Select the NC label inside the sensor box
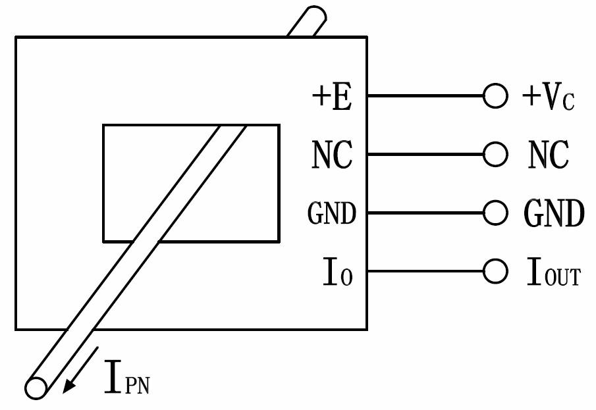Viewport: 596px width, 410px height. (332, 156)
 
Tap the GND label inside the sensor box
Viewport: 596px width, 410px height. (332, 214)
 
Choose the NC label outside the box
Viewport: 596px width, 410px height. (548, 156)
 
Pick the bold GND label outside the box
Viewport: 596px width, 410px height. (553, 213)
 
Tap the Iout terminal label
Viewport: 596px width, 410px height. (553, 272)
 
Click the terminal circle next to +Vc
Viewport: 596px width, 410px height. (495, 96)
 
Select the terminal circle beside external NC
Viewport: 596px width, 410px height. (495, 155)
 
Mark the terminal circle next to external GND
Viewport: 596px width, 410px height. (495, 213)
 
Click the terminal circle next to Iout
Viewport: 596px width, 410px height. (495, 271)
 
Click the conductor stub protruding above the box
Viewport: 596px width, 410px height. (306, 22)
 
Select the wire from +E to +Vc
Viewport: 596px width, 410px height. (425, 96)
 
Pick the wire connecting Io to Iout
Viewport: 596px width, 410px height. (425, 271)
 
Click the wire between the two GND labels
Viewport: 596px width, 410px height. (425, 213)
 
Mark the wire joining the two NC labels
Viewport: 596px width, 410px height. (425, 155)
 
